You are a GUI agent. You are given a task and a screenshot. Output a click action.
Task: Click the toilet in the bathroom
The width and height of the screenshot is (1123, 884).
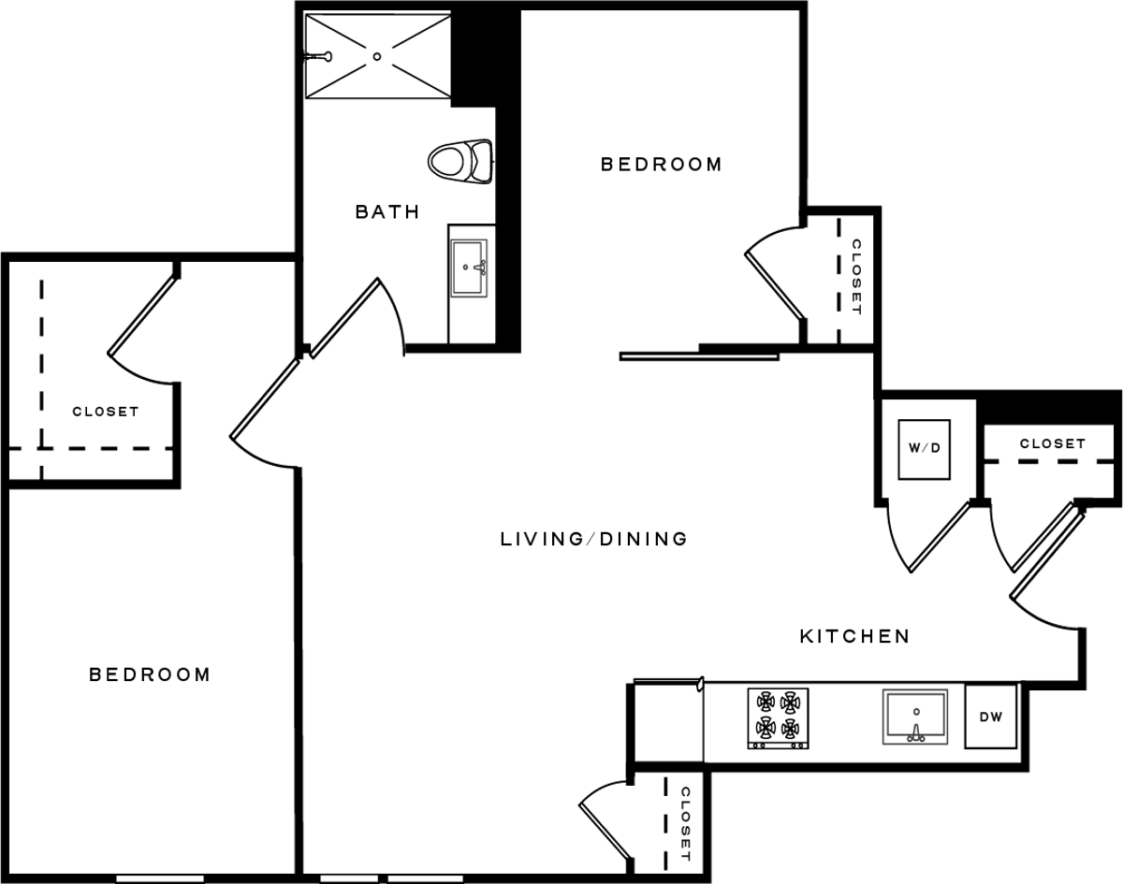coord(460,161)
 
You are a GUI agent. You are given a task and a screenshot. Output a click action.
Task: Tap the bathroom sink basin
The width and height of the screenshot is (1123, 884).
coord(469,268)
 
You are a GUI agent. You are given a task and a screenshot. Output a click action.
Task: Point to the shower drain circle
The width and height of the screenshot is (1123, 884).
coord(377,56)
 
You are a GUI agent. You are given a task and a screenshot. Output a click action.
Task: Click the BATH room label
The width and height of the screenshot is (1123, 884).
coord(387,211)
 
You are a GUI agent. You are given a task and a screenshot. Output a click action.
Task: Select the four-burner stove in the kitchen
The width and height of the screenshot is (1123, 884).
coord(778,718)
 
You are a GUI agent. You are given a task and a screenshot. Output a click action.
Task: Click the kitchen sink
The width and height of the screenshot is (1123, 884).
coord(915,717)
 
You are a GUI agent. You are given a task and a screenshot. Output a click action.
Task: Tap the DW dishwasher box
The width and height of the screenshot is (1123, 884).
coord(990,717)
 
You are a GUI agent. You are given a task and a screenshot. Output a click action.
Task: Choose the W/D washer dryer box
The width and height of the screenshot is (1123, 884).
coord(925,449)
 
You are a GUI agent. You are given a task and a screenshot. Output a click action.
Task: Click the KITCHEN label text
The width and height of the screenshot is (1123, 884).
coord(854,637)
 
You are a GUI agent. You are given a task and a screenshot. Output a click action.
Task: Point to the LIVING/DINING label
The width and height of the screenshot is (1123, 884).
coord(594,539)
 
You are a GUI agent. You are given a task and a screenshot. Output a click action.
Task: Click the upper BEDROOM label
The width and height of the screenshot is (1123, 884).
coord(662,165)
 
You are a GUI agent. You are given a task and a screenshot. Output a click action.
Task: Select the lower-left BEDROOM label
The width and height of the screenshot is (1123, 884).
coord(150,674)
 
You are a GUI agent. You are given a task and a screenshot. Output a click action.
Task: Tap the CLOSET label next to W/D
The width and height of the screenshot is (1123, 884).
coord(1052,443)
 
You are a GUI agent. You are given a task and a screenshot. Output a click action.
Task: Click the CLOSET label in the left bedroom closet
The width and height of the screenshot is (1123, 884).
coord(106,412)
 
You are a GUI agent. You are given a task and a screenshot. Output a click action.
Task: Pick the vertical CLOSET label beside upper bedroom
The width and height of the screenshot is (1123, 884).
coord(856,277)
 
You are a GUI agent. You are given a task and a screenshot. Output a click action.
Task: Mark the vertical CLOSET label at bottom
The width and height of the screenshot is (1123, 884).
coord(686,824)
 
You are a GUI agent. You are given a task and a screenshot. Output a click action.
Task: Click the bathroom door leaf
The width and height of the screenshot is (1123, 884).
coord(345,318)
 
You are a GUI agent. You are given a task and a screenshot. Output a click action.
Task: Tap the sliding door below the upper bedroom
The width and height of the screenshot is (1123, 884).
coord(699,357)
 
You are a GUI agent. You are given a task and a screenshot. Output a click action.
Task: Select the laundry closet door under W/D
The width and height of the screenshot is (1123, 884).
coord(940,537)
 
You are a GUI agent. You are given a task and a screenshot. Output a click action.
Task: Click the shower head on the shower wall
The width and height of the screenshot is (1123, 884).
coord(320,56)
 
